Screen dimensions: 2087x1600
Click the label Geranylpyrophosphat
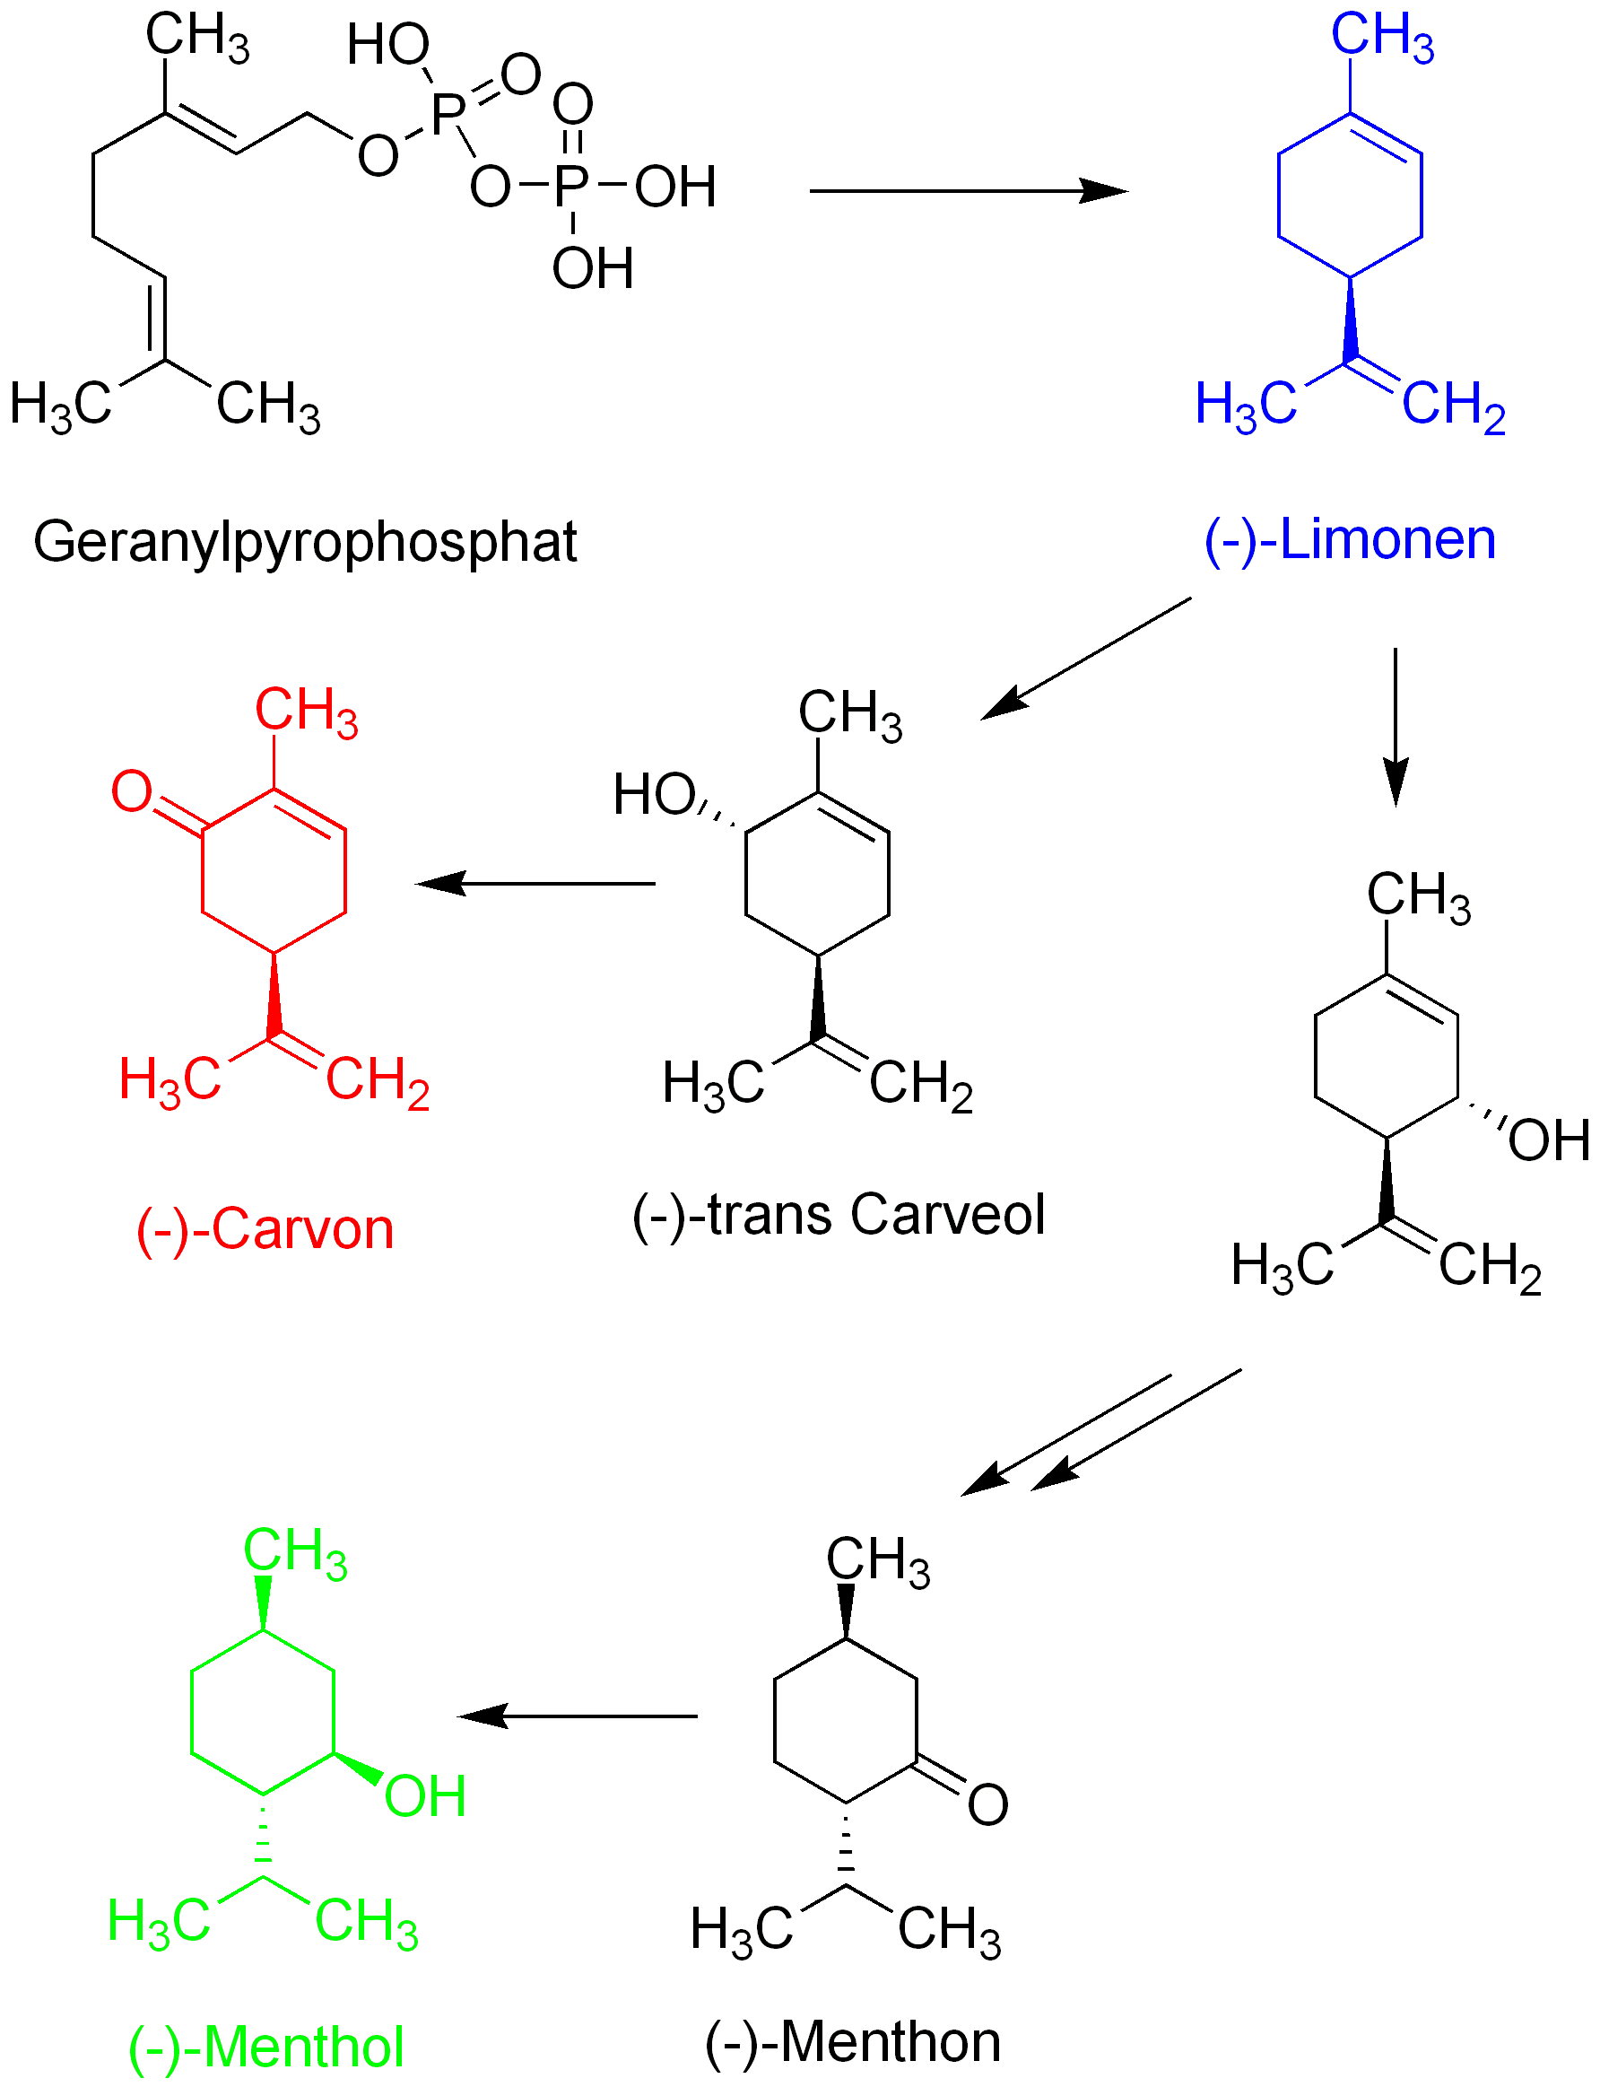305,542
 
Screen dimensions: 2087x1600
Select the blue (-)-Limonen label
1350,540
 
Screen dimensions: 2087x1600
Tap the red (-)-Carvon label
265,1230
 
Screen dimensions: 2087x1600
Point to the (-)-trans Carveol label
838,1216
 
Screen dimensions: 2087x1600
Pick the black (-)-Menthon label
852,2042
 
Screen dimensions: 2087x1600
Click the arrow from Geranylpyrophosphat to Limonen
967,191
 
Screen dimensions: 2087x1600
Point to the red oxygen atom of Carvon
132,790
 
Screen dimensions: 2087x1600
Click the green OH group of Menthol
425,1796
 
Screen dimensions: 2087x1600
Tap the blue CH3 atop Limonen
1382,36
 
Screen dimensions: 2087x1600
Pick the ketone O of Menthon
987,1804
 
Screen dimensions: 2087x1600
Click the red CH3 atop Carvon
306,712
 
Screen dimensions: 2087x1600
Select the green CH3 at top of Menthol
295,1552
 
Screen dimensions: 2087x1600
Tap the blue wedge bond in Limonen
1350,320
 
